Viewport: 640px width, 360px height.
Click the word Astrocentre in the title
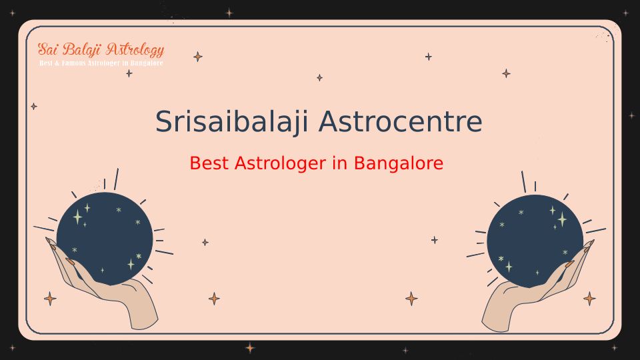coord(401,121)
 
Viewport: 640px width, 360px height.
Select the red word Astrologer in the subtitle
coord(280,164)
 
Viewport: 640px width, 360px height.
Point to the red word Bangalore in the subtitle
coord(399,164)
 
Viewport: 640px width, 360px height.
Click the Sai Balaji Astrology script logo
coord(101,50)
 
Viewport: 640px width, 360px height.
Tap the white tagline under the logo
coord(101,63)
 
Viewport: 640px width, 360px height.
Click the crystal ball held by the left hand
coord(105,239)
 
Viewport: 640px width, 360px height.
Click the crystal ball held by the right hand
coord(535,241)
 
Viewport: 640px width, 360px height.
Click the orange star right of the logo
coord(198,57)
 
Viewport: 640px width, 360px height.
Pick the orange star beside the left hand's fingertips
coord(50,299)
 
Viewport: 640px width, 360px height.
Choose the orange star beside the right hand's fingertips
coord(589,299)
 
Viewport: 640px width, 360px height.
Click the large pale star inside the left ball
coord(77,217)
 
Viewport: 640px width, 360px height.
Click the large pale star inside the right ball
coord(563,219)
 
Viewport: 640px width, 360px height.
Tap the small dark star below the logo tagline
coord(129,73)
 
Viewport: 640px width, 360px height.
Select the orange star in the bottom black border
coord(250,348)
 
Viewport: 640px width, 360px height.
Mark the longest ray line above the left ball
coord(116,179)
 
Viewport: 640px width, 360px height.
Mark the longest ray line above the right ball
coord(524,182)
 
